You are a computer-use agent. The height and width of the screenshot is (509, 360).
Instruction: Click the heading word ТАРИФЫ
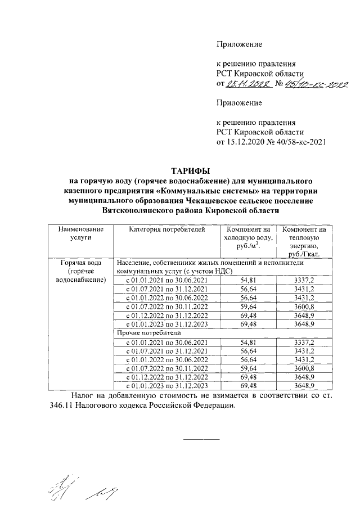point(191,170)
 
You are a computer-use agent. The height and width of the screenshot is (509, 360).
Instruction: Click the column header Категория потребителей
point(166,229)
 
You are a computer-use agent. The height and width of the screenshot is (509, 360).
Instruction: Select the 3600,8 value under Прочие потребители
point(304,368)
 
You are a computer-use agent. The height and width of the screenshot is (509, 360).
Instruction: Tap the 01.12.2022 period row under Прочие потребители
point(166,377)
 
